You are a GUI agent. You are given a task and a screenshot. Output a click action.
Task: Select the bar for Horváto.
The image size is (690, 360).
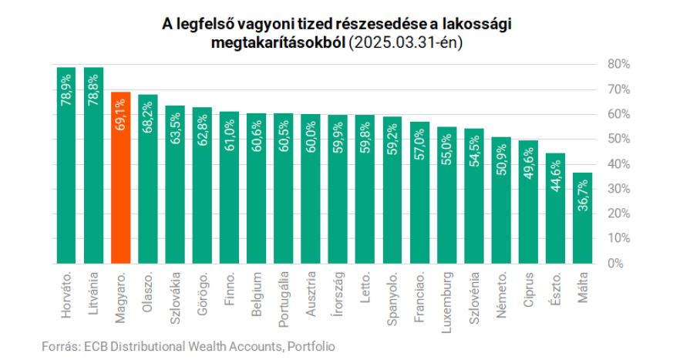click(x=66, y=170)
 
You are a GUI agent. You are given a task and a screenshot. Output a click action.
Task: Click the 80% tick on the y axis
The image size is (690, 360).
click(x=619, y=63)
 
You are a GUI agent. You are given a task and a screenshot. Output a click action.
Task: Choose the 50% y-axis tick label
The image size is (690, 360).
click(x=619, y=139)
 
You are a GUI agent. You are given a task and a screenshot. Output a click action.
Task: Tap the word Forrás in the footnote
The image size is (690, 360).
click(x=58, y=347)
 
